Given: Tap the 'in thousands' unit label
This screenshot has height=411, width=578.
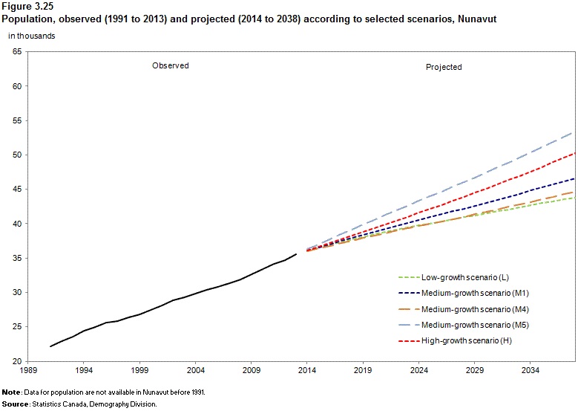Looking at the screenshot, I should [30, 35].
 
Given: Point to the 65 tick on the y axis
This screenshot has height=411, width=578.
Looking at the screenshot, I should [17, 51].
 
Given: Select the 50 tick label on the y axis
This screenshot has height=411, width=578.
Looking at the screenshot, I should [17, 155].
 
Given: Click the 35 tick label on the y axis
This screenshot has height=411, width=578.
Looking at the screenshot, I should [17, 258].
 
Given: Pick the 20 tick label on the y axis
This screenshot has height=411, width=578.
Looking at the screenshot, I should [17, 361].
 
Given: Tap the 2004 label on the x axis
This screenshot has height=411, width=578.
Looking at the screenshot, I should [195, 369].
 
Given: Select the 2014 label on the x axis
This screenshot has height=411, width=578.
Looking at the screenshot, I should [307, 369].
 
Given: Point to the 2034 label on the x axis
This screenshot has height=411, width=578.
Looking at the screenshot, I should [530, 369].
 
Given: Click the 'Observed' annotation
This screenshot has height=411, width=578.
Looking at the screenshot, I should [171, 65].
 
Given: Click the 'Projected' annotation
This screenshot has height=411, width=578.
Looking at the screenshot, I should [444, 67].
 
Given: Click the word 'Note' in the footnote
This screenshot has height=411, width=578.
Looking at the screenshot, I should [10, 392].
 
